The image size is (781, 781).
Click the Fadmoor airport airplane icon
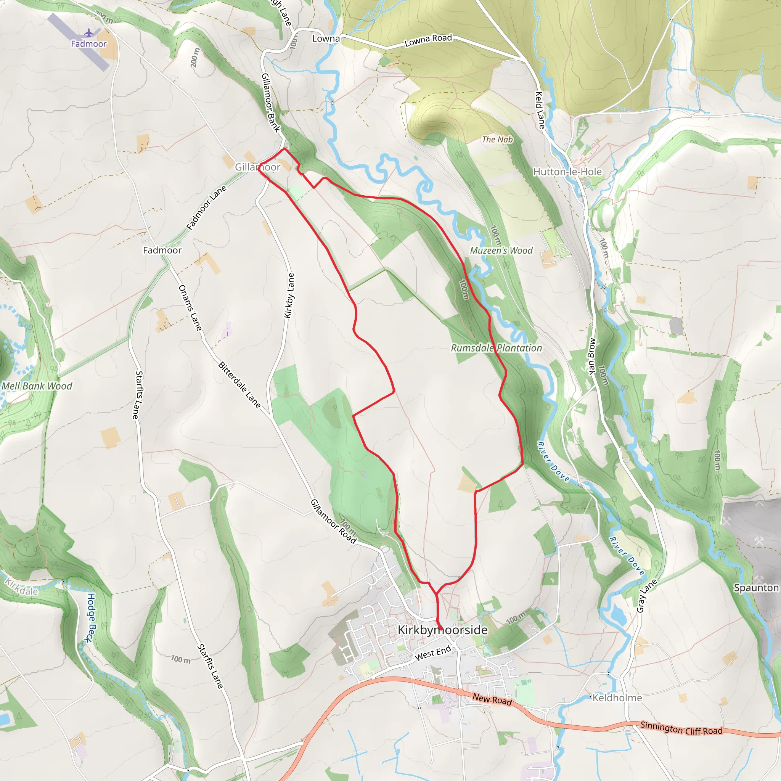click(88, 33)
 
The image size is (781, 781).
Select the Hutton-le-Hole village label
click(567, 172)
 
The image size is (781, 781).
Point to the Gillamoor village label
click(257, 167)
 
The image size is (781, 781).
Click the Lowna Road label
click(428, 40)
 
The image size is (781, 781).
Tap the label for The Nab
click(497, 140)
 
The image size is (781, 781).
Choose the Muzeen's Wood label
click(501, 251)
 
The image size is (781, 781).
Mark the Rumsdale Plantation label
click(497, 348)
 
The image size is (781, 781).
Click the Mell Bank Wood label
click(37, 386)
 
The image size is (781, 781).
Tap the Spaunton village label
click(756, 588)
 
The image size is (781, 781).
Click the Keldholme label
click(617, 698)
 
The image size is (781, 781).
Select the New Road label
click(492, 699)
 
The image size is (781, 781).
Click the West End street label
click(433, 653)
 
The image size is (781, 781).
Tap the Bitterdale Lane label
click(239, 385)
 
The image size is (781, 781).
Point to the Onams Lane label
click(190, 308)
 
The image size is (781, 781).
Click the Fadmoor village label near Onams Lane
click(162, 250)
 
